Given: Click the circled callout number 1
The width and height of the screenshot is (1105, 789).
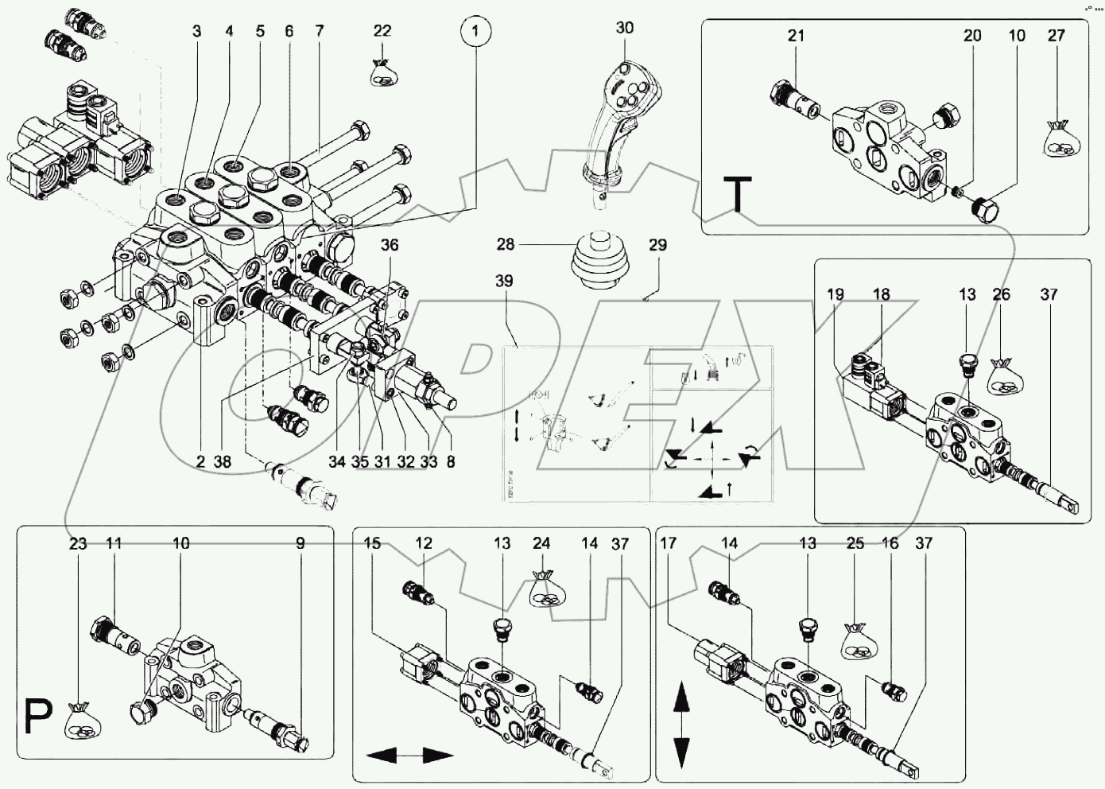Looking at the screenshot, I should click(475, 33).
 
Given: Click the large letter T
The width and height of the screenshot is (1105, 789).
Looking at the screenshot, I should click(739, 194).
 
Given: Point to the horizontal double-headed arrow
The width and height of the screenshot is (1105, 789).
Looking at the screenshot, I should click(405, 754).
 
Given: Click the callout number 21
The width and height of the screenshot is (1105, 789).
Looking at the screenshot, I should click(797, 36).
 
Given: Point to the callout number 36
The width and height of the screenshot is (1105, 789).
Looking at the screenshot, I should click(389, 246).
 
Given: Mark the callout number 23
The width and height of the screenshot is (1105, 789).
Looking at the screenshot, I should click(77, 544).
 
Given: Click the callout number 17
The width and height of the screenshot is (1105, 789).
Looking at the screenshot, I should click(668, 544).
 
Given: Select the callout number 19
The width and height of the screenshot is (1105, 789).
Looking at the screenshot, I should click(836, 294).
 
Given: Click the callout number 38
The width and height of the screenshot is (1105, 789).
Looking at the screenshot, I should click(223, 461).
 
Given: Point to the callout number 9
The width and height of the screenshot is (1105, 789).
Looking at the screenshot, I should click(300, 544).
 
